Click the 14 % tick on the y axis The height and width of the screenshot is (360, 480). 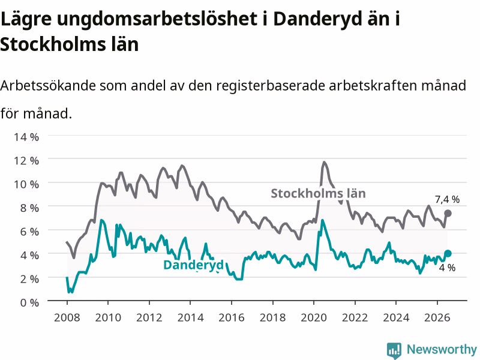26,137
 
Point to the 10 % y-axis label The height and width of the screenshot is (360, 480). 26,184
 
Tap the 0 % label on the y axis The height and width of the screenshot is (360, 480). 29,303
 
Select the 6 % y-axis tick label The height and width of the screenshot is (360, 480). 29,232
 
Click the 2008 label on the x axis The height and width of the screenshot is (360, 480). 67,317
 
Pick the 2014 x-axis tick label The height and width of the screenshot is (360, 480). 190,317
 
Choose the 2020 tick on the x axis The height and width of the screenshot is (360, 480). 314,317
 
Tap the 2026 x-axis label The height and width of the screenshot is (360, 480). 437,317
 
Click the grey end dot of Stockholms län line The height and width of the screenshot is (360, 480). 448,214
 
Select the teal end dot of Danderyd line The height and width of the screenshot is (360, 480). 448,253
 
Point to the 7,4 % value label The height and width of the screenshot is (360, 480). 447,200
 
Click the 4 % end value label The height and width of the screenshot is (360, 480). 447,268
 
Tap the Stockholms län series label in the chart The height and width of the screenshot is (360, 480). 319,193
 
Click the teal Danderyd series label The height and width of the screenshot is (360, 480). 193,265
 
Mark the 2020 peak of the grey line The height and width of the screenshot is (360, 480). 324,162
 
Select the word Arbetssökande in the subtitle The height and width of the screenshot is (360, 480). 48,85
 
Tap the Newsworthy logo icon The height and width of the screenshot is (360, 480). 394,350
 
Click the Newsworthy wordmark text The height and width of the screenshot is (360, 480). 442,349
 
